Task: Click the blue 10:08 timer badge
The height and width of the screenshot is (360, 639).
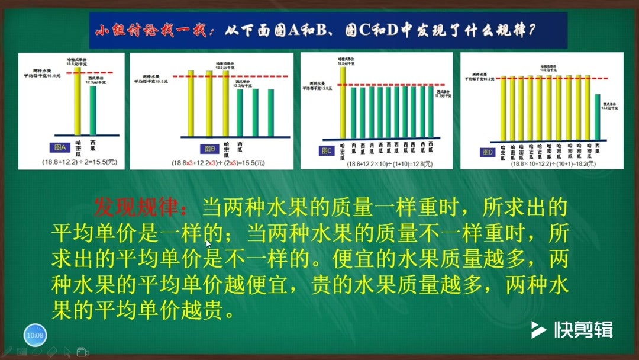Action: point(35,335)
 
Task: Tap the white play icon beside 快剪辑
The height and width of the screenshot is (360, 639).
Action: point(538,330)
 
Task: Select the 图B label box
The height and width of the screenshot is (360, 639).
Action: point(209,149)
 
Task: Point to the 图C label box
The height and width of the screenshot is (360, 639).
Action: point(327,151)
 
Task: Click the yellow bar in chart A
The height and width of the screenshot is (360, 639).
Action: point(77,101)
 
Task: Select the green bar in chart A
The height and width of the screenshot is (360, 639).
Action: point(93,110)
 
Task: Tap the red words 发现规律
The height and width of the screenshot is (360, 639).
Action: point(140,207)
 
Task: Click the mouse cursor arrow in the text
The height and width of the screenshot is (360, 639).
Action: point(208,242)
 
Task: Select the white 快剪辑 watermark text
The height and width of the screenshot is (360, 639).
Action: point(583,330)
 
